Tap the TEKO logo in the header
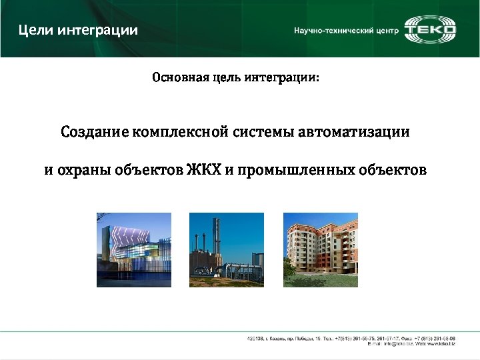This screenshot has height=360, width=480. [431, 29]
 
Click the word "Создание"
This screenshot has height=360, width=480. [95, 132]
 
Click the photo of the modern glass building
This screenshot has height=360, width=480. [134, 250]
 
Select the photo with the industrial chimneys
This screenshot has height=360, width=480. [227, 250]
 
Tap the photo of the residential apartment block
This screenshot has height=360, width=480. [321, 250]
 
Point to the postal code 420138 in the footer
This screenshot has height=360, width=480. [256, 339]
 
